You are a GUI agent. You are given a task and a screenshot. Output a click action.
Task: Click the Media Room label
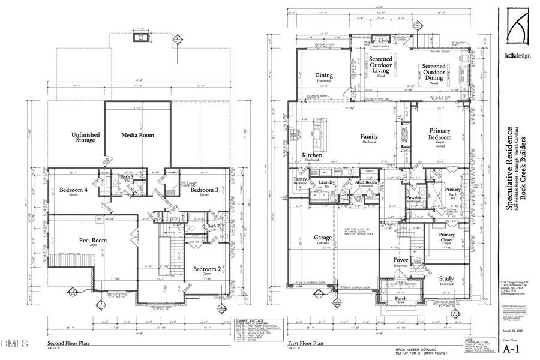click(x=138, y=135)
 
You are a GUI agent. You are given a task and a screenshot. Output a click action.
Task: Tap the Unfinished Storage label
click(x=85, y=137)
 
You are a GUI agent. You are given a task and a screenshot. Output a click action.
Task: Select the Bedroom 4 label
click(x=74, y=190)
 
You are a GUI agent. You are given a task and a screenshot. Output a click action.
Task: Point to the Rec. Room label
click(x=93, y=242)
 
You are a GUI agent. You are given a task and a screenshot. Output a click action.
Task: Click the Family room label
click(x=369, y=137)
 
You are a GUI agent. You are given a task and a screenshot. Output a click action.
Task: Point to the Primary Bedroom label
click(x=444, y=134)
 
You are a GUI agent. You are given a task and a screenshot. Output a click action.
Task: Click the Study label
click(x=446, y=278)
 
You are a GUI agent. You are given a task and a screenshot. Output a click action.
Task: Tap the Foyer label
click(x=401, y=261)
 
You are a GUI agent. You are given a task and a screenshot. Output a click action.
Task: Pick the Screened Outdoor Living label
click(x=381, y=65)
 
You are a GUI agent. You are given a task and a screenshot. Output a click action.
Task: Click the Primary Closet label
click(x=446, y=238)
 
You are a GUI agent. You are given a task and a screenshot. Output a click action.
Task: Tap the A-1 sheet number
click(x=511, y=348)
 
